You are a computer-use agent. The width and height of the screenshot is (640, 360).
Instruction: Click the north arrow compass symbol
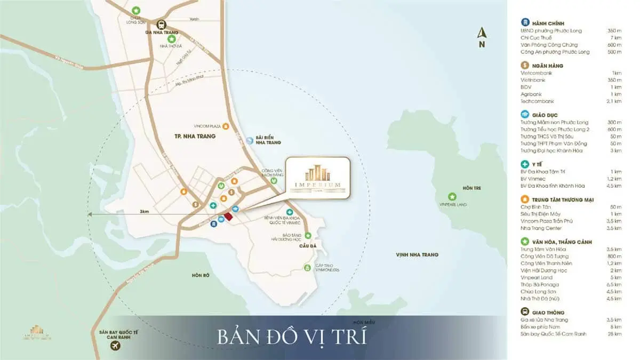point(482,37)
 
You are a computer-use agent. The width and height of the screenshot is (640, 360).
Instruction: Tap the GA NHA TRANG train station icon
point(161,24)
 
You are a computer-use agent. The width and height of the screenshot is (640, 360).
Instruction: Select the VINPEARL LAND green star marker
point(452,196)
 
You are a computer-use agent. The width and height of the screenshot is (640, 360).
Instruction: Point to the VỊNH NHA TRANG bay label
point(417,255)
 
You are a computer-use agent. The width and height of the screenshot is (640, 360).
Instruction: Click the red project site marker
point(228,216)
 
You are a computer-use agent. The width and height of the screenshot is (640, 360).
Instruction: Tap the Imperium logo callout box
point(318,178)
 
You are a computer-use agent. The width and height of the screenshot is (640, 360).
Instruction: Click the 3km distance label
point(144,212)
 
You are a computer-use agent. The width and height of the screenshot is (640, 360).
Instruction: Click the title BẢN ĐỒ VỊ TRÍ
point(291,338)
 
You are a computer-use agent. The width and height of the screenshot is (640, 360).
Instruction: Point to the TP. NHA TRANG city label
point(194,137)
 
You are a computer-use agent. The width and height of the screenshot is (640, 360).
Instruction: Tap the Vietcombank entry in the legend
point(537,73)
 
